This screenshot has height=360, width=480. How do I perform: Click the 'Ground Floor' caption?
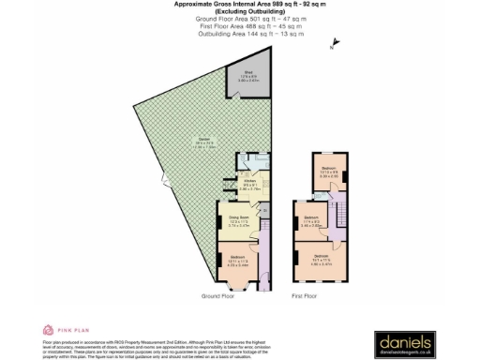click(217, 295)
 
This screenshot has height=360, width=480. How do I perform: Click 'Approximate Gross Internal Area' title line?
click(239, 5)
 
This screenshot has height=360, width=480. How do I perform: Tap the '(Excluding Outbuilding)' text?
click(239, 11)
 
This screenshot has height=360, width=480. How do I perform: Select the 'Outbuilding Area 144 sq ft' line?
click(239, 34)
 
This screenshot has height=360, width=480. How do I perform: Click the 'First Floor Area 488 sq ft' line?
click(239, 26)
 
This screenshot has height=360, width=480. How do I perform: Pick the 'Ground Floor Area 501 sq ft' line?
click(239, 19)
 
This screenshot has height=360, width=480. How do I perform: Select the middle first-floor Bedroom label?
click(312, 221)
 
